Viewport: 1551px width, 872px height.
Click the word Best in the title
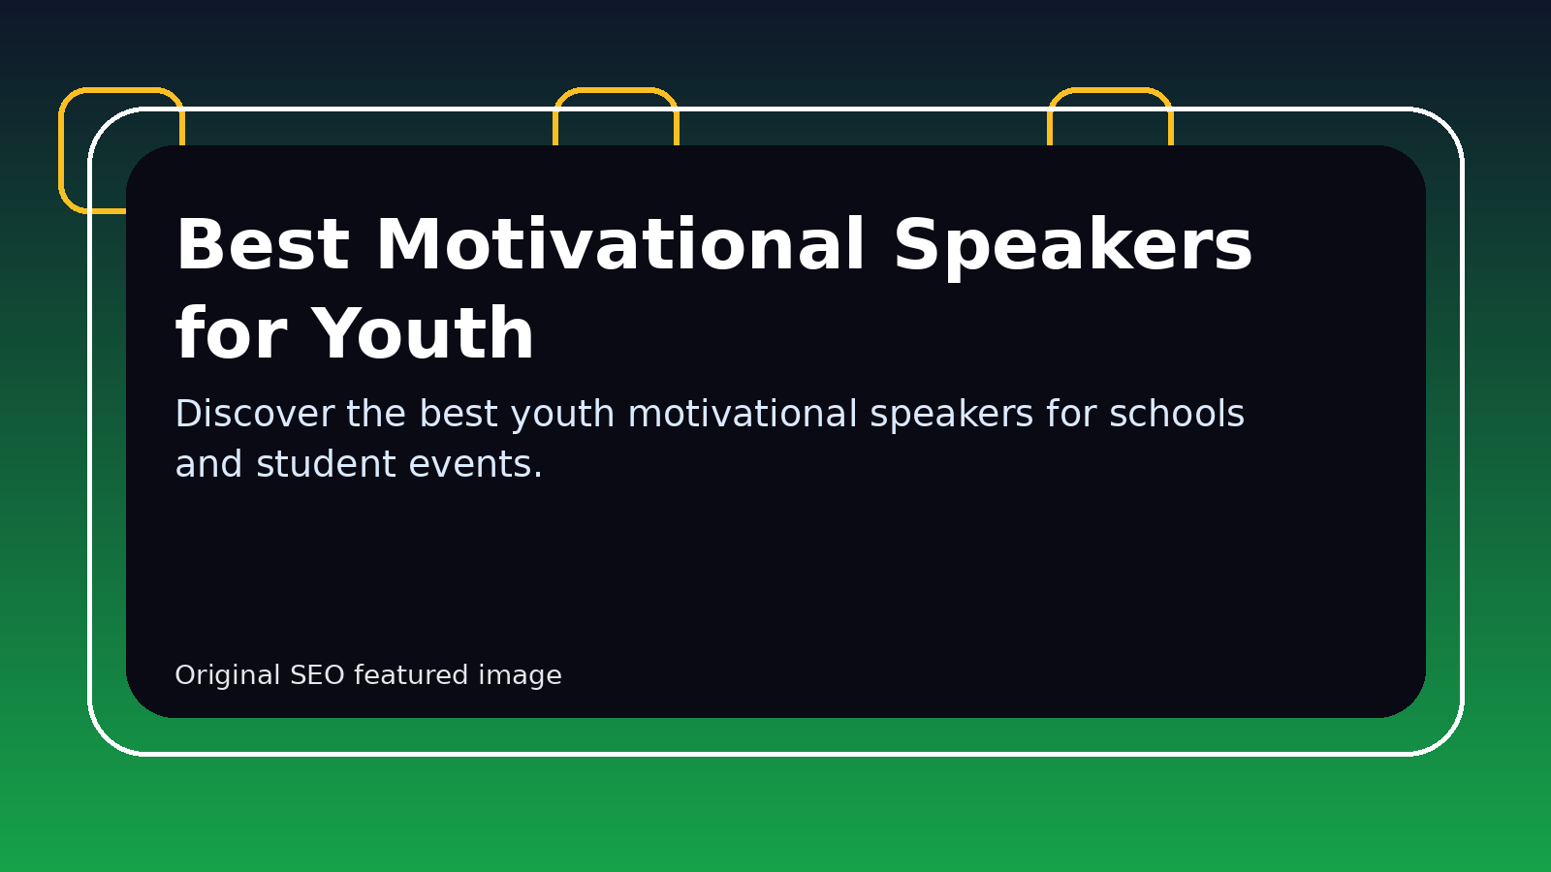(263, 244)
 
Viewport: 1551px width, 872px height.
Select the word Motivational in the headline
(620, 244)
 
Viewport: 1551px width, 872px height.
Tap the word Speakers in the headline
(1072, 247)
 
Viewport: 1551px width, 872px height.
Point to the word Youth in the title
(423, 333)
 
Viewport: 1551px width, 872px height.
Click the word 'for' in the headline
(231, 332)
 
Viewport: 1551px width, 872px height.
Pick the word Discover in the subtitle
(255, 413)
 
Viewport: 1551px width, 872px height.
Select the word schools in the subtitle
(1177, 413)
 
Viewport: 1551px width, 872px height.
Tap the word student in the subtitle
(326, 463)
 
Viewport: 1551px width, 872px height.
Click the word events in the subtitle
(476, 464)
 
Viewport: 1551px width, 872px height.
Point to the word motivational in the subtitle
(743, 413)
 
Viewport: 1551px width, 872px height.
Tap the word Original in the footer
(227, 675)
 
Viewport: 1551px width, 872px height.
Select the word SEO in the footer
(317, 674)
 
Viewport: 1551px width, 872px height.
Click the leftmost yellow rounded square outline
(62, 150)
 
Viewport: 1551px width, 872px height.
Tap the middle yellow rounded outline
(616, 90)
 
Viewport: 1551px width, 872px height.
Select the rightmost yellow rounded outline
(1110, 90)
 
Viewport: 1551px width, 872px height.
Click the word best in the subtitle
(459, 413)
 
